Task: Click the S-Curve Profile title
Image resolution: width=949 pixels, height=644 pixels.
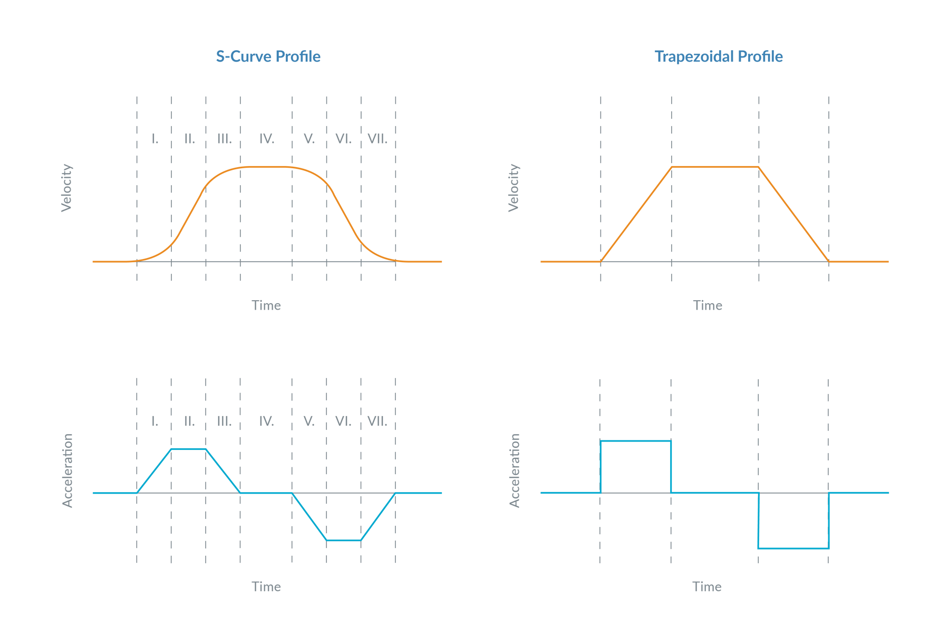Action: (x=268, y=57)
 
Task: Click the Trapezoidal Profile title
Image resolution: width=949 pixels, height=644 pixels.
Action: (x=718, y=57)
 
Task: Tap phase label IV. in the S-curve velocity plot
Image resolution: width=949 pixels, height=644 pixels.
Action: (x=266, y=139)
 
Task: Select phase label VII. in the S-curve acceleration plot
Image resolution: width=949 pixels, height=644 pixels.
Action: (x=377, y=421)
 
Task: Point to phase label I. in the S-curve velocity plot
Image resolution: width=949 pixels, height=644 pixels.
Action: (x=155, y=139)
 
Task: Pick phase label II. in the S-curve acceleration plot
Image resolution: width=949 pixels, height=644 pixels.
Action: (x=189, y=421)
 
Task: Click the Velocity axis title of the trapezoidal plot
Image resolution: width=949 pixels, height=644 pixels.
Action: (x=514, y=188)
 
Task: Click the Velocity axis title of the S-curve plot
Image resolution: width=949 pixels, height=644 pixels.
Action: (x=66, y=188)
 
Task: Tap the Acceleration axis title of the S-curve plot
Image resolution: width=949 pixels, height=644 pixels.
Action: (x=67, y=470)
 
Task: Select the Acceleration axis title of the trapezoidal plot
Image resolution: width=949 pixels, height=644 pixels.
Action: (x=515, y=470)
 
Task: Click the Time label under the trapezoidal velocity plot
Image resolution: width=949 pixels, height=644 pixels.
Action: (x=707, y=305)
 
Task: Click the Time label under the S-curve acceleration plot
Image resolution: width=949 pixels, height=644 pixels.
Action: (x=266, y=587)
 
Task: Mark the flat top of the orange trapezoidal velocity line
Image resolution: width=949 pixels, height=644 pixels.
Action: (x=714, y=167)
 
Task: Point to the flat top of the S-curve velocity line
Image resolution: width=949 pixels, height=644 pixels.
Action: (x=266, y=167)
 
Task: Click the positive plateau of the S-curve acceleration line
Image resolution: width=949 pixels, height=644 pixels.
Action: (x=188, y=449)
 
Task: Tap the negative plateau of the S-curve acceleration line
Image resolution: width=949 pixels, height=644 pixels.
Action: (x=344, y=540)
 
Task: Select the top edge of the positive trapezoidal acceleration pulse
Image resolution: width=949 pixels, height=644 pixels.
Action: (x=635, y=440)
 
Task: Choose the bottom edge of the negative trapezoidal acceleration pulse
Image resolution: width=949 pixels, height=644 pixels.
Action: (x=793, y=549)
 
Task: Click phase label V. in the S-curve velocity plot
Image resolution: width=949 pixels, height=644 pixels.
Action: (x=309, y=139)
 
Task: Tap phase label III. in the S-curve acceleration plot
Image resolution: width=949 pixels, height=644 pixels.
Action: (x=224, y=421)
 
